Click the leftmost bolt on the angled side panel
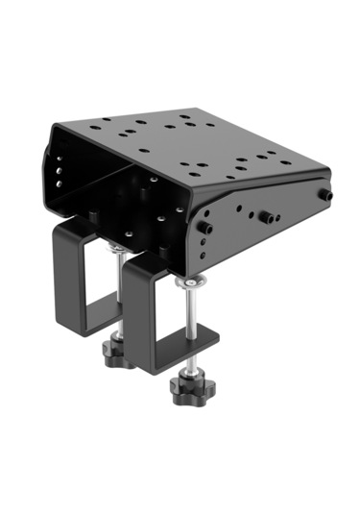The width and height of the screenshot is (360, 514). [204, 227]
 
